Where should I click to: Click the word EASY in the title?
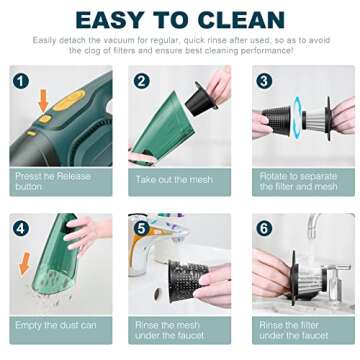pyautogui.click(x=111, y=20)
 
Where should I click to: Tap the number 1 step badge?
pyautogui.click(x=22, y=80)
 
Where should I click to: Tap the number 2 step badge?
pyautogui.click(x=142, y=81)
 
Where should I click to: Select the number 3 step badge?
pyautogui.click(x=264, y=81)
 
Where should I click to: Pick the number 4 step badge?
pyautogui.click(x=22, y=228)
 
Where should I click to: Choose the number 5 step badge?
pyautogui.click(x=142, y=228)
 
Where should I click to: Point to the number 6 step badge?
pyautogui.click(x=264, y=228)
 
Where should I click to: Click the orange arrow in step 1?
pyautogui.click(x=42, y=100)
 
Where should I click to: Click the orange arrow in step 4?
pyautogui.click(x=24, y=263)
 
